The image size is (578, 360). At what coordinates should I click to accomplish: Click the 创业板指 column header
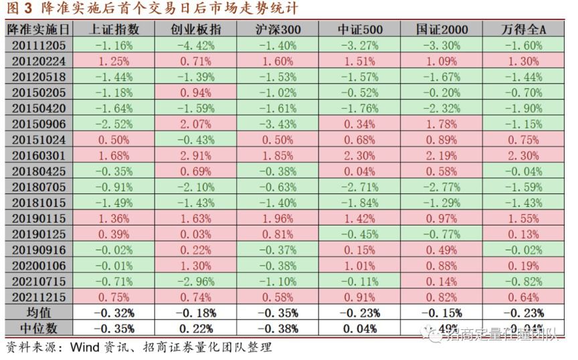click(x=195, y=29)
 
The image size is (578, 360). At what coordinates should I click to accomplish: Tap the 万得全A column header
click(x=522, y=29)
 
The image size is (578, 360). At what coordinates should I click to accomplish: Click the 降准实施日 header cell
click(x=37, y=29)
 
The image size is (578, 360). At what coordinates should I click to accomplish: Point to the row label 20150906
click(x=37, y=124)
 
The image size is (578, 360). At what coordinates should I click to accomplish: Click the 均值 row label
click(x=37, y=312)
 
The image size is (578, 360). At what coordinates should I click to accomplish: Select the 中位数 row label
click(x=37, y=328)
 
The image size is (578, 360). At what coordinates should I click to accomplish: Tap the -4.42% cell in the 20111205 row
click(x=195, y=46)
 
